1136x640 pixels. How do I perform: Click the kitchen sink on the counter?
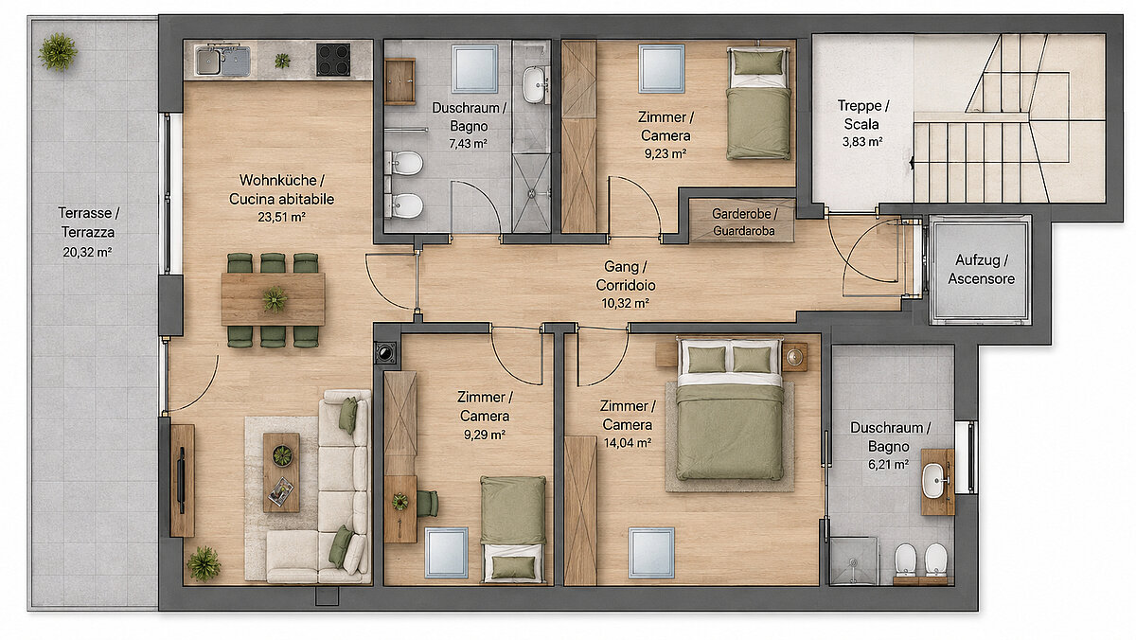coord(222,61)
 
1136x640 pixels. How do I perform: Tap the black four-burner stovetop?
coord(333,60)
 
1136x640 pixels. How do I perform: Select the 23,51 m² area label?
coord(281,217)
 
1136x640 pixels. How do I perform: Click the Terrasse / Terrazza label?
coord(89,222)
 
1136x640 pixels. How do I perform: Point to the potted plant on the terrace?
coord(58,51)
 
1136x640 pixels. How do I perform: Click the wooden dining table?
coord(273,299)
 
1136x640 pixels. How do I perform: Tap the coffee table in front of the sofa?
coord(281,472)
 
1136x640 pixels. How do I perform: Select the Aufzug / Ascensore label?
coord(982,269)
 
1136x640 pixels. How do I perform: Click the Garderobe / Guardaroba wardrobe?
coord(743,222)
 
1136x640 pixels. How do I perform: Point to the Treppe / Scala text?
coord(862,115)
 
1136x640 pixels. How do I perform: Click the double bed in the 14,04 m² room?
coord(729,410)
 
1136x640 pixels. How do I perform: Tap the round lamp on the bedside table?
coord(794,357)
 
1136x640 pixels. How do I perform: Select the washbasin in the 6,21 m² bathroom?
coord(933,480)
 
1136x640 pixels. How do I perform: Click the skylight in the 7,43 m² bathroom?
coord(474,68)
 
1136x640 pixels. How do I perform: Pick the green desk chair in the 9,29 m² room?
coord(428,504)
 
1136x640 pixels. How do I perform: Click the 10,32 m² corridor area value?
coord(626,303)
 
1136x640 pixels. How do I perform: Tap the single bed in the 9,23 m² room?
coord(758,103)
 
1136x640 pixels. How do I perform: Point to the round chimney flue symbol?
coord(385,352)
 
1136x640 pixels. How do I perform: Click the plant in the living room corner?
coord(204,563)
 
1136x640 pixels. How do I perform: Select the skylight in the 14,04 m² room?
coord(651,553)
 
